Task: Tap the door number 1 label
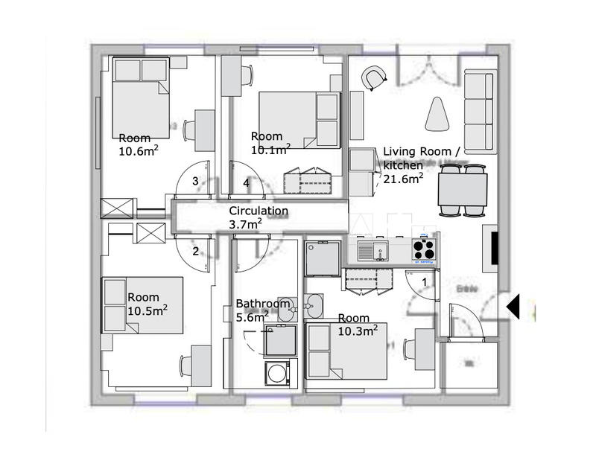click(x=425, y=282)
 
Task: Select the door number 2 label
click(x=195, y=251)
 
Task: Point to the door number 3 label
click(x=195, y=181)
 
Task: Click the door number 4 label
click(x=245, y=182)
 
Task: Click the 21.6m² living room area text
click(x=403, y=177)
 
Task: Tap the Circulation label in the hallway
click(x=258, y=211)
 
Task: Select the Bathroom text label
click(x=262, y=304)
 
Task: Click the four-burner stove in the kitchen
click(x=424, y=249)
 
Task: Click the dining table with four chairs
click(x=462, y=191)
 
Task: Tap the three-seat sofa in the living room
click(x=479, y=110)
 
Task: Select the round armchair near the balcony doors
click(x=374, y=77)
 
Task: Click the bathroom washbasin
click(x=314, y=304)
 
